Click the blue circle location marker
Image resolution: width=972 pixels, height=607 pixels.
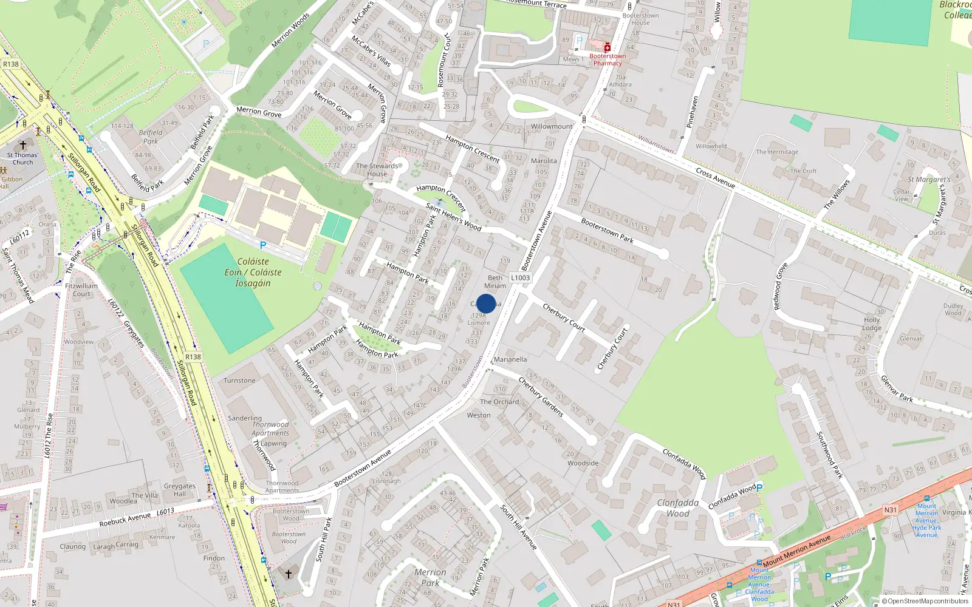point(486,303)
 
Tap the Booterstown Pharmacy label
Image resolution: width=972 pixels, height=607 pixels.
point(607,59)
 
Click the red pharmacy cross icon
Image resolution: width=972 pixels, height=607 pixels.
point(607,47)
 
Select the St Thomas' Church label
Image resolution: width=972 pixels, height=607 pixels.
point(22,158)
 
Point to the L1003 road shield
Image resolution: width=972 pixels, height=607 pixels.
point(520,278)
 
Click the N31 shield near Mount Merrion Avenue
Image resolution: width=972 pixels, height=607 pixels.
point(890,510)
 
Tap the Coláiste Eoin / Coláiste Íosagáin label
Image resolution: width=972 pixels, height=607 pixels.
point(253,272)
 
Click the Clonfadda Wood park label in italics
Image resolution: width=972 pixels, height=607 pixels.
point(677,508)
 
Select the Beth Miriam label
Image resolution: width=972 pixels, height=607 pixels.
point(495,282)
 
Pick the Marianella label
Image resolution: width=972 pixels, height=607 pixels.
point(510,359)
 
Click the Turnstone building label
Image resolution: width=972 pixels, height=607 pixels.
point(239,381)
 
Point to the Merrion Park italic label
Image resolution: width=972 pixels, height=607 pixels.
point(430,577)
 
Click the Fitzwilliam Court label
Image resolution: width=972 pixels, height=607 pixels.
point(81,290)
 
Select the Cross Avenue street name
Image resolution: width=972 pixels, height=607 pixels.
point(715,178)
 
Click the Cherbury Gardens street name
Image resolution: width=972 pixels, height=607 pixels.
point(541,396)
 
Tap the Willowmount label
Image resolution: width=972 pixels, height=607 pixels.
point(552,126)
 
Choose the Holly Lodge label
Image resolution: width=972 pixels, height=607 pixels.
point(872,324)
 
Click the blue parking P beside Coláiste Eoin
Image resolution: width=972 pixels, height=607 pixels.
point(262,245)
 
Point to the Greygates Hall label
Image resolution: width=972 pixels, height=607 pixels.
point(180,490)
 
